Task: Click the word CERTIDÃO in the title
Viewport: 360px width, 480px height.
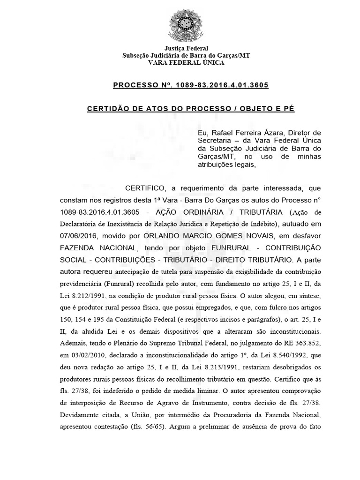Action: (x=108, y=109)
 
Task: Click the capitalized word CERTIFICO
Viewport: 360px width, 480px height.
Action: (x=147, y=188)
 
